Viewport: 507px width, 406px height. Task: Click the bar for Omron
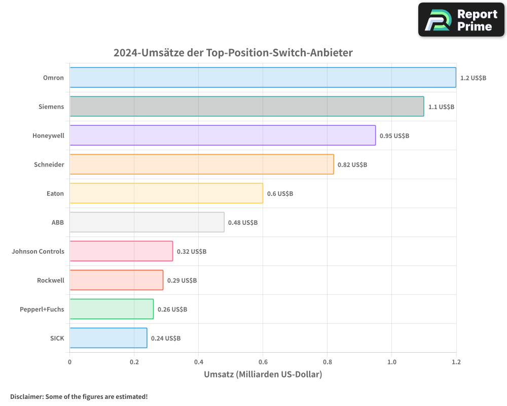pyautogui.click(x=263, y=77)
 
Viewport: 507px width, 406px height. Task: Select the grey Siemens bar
pyautogui.click(x=246, y=106)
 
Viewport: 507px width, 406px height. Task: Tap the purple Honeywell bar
pyautogui.click(x=223, y=135)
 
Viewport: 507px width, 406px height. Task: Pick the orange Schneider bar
pyautogui.click(x=201, y=164)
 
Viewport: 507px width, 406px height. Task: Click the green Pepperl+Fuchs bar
pyautogui.click(x=112, y=309)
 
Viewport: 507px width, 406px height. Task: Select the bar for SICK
pyautogui.click(x=108, y=337)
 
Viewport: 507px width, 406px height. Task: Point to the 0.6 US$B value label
pyautogui.click(x=280, y=193)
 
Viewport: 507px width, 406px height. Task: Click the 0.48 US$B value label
pyautogui.click(x=242, y=222)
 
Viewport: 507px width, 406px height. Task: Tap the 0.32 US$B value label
pyautogui.click(x=191, y=251)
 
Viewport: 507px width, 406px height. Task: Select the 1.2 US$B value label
pyautogui.click(x=473, y=78)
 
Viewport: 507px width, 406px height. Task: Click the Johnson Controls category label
pyautogui.click(x=38, y=251)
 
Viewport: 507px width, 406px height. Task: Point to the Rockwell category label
pyautogui.click(x=50, y=280)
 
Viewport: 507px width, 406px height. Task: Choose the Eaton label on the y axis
pyautogui.click(x=55, y=193)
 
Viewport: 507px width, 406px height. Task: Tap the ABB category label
pyautogui.click(x=57, y=222)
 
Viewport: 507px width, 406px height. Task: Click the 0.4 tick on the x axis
pyautogui.click(x=198, y=362)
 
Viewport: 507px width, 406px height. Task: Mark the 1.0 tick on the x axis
pyautogui.click(x=391, y=362)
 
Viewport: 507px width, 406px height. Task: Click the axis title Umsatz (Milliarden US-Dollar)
pyautogui.click(x=263, y=375)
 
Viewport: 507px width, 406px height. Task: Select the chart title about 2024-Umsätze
pyautogui.click(x=233, y=53)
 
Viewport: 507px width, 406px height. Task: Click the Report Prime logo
pyautogui.click(x=461, y=19)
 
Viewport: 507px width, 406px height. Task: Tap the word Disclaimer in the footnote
pyautogui.click(x=26, y=396)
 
